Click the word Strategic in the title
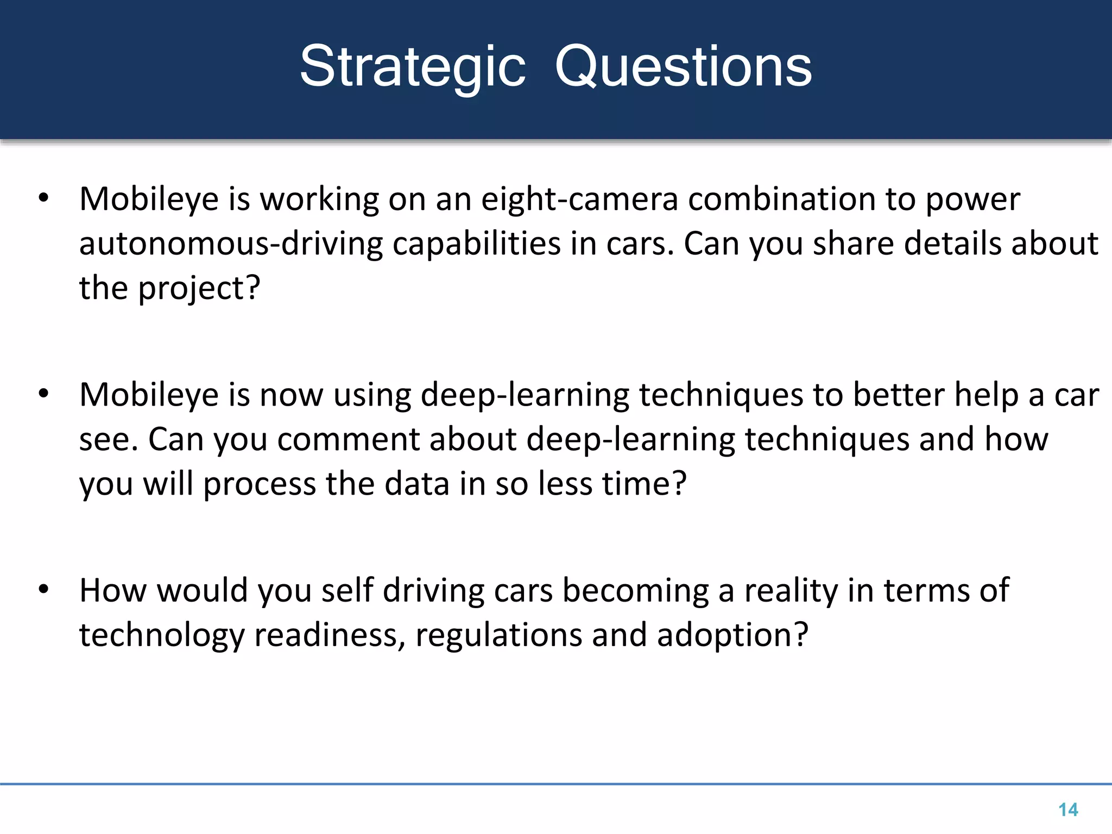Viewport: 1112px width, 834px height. coord(413,67)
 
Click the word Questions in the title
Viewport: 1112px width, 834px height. coord(683,67)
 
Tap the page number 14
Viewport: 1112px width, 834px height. coord(1068,810)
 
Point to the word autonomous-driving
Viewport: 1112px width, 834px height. coord(231,244)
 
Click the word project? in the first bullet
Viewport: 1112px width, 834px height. coord(199,288)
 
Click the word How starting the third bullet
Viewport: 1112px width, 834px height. coord(113,590)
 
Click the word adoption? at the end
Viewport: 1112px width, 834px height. coord(732,635)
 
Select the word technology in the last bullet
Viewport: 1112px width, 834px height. coord(162,635)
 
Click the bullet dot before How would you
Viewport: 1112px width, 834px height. coord(44,589)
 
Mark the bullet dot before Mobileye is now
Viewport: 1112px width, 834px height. coord(44,394)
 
